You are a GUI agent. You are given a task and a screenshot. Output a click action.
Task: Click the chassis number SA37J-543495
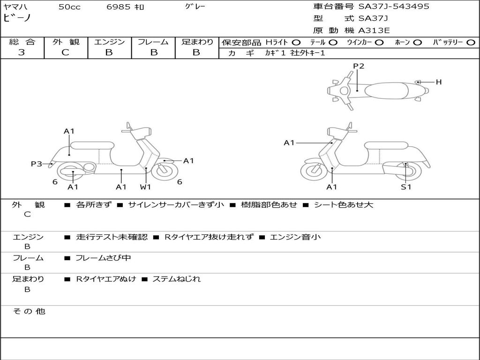point(394,7)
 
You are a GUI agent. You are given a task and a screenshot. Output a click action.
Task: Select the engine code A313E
point(374,31)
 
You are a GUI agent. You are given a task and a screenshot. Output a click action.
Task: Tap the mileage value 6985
point(119,7)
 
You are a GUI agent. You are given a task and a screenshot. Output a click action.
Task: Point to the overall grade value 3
point(22,52)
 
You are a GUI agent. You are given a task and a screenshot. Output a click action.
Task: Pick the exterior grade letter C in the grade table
point(66,52)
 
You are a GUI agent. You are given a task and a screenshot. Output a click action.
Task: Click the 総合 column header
point(22,42)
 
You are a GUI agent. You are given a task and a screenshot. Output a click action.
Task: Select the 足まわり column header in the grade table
point(197,42)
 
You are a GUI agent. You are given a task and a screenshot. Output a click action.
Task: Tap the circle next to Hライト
point(296,42)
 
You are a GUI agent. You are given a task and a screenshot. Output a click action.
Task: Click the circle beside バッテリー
point(471,42)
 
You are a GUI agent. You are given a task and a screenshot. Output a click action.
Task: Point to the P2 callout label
point(359,66)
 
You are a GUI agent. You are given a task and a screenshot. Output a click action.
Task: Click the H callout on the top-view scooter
point(439,82)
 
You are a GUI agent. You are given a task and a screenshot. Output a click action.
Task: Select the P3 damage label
point(37,164)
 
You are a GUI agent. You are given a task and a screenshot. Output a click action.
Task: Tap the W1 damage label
point(146,187)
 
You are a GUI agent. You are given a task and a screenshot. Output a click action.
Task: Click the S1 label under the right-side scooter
point(406,187)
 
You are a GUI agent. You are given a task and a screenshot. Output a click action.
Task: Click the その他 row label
point(29,311)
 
